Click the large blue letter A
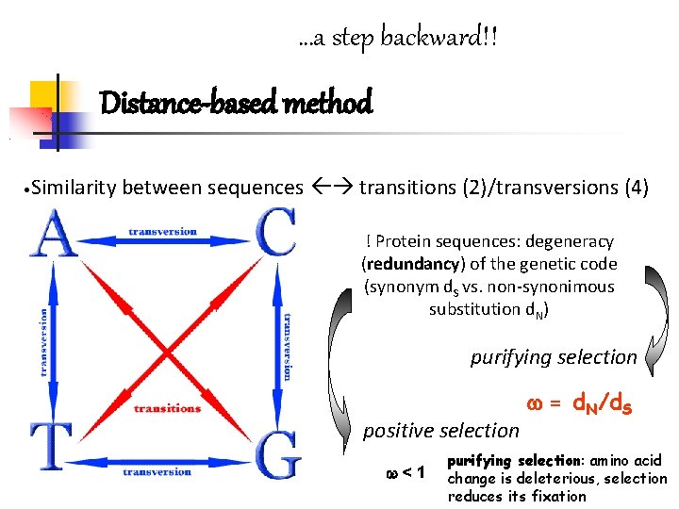[54, 234]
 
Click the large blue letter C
[275, 233]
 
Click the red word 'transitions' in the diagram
[167, 408]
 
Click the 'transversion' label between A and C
[163, 232]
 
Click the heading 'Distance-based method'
[236, 101]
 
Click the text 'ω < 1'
[406, 470]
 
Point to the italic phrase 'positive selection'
[441, 431]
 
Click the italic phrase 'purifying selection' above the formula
[554, 357]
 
